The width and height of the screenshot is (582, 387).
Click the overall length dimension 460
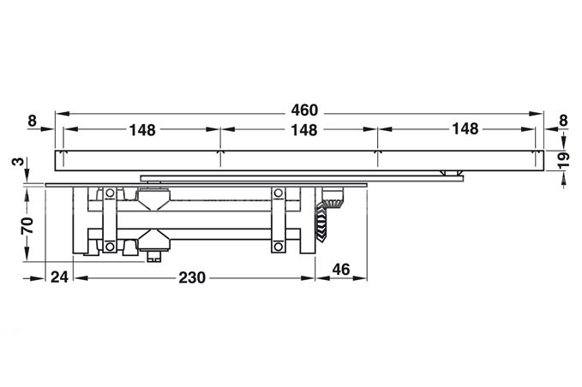[303, 110]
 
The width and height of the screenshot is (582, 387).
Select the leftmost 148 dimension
[142, 130]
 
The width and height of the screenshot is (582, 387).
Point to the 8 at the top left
[32, 121]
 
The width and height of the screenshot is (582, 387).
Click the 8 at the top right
[563, 121]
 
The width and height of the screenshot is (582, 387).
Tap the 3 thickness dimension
[17, 162]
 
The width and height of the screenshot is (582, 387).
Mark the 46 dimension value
[340, 271]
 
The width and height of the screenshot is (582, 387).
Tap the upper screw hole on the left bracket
[110, 193]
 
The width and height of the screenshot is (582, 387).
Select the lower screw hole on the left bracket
[110, 247]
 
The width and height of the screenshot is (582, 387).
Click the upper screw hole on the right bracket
[278, 193]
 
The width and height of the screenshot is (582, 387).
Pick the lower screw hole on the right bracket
[278, 247]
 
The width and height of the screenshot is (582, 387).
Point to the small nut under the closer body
[155, 253]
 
